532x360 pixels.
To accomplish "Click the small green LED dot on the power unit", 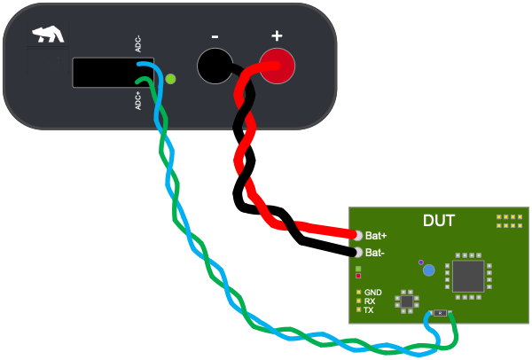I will coord(171,79).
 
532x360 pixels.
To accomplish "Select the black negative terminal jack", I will coord(214,67).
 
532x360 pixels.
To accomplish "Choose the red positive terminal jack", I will coord(276,67).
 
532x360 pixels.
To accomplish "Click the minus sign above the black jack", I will coord(215,36).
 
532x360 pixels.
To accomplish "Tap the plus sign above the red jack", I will coord(277,36).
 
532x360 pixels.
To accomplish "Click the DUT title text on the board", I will coord(439,220).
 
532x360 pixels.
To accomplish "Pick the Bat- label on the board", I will coord(376,253).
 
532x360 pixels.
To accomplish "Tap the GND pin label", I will coord(372,293).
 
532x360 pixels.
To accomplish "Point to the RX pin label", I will coord(370,301).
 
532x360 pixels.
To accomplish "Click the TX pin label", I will coord(369,310).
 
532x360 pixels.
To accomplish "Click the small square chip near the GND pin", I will coord(407,301).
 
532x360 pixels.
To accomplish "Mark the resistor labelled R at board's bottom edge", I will coord(440,312).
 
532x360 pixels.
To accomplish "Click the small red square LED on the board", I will coord(358,276).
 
